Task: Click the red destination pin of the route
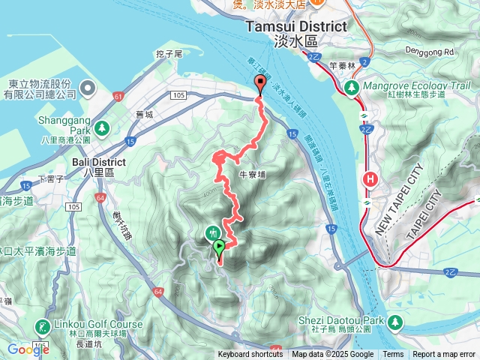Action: tap(260, 83)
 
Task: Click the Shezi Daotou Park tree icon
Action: tap(395, 321)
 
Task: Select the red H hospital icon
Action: tap(370, 179)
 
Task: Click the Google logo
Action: tap(28, 349)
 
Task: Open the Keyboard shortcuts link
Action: tap(250, 355)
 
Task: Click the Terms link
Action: tap(393, 355)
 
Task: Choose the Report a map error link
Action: tap(444, 355)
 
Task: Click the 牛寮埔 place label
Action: tap(252, 174)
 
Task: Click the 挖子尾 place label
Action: tap(169, 54)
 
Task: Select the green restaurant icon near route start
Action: tap(213, 233)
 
